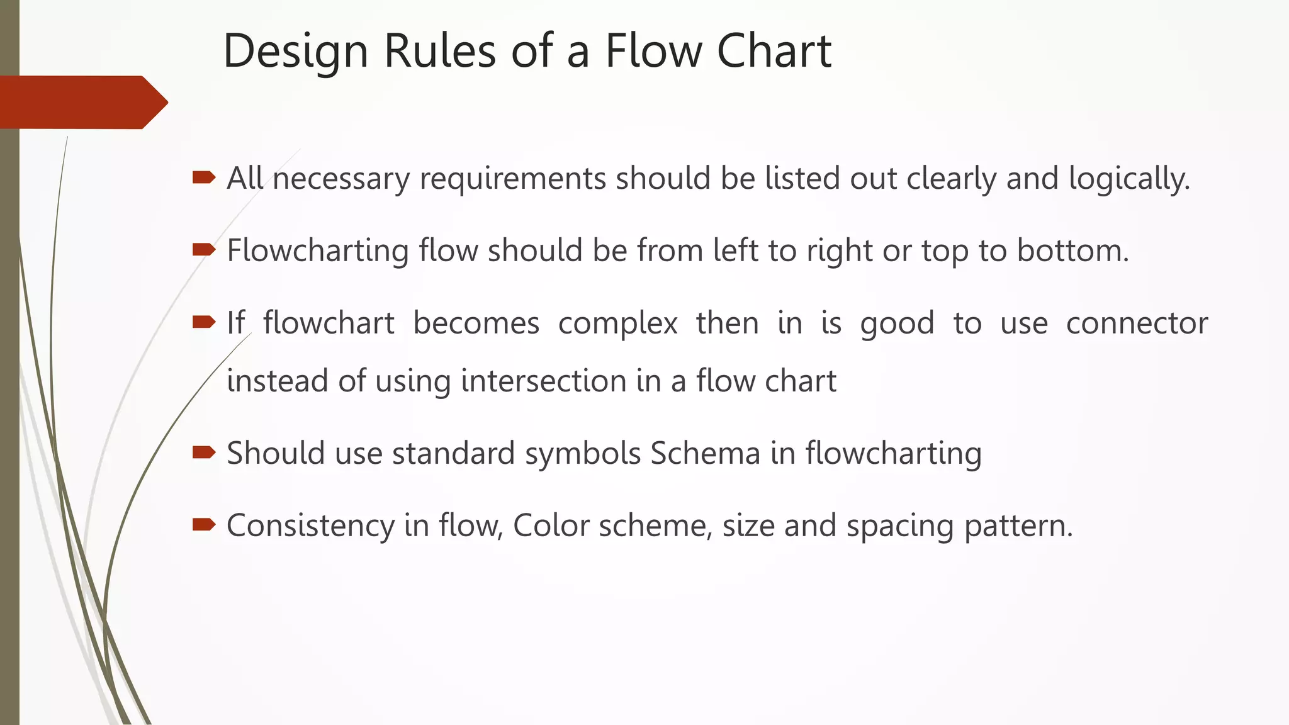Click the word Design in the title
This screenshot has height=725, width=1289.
click(295, 52)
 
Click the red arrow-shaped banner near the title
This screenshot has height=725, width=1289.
click(82, 102)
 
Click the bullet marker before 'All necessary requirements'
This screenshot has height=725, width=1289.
click(204, 177)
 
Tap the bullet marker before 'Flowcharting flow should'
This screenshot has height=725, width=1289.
click(204, 250)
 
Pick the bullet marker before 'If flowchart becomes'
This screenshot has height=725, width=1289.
click(204, 322)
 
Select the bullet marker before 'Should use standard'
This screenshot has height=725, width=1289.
click(204, 452)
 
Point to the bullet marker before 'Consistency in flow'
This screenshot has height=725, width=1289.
click(204, 525)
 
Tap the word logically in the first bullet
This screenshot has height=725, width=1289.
click(1129, 179)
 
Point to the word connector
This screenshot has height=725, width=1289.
click(1137, 323)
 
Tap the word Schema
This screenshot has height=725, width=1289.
click(705, 454)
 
